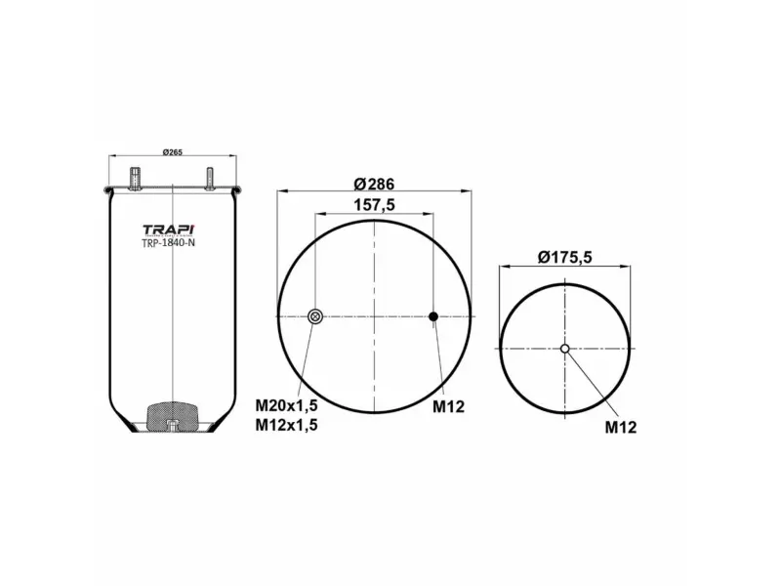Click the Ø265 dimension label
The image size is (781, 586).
click(172, 151)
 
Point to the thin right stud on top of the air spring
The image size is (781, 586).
click(209, 180)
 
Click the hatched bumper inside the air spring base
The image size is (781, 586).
click(172, 414)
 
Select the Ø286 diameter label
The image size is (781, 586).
click(375, 185)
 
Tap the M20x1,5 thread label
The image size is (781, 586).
click(286, 405)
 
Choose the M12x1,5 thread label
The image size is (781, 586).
click(286, 424)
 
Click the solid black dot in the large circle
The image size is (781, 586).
click(434, 316)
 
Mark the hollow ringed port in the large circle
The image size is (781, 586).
click(315, 316)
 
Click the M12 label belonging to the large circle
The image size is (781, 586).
click(449, 405)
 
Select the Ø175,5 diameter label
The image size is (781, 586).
click(566, 257)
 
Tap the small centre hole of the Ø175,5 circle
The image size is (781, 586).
click(565, 349)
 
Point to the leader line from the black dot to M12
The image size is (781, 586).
click(441, 356)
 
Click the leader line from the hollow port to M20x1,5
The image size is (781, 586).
click(306, 356)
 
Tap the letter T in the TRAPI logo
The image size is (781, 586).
click(150, 230)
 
